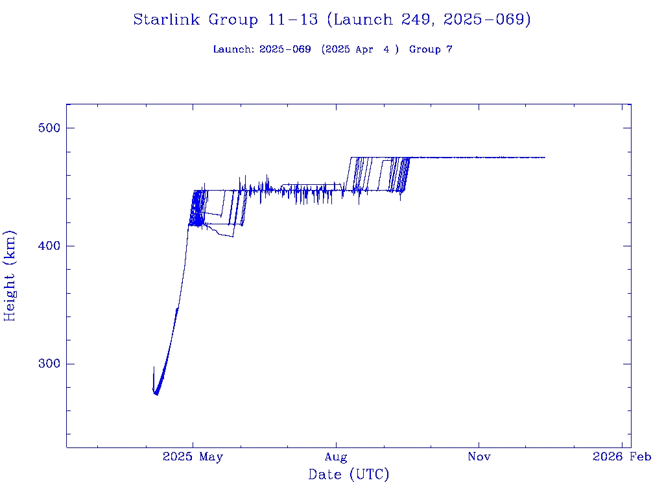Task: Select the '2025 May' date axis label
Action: tap(193, 457)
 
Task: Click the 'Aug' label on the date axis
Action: tap(336, 457)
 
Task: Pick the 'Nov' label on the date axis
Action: tap(479, 457)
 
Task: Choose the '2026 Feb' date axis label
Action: tap(622, 457)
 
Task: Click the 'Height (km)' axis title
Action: tap(10, 276)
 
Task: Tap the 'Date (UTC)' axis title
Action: tap(349, 475)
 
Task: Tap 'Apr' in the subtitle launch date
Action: tap(364, 49)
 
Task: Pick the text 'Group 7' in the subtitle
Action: tap(431, 49)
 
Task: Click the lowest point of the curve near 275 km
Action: tap(156, 394)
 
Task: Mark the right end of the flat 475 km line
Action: tap(545, 158)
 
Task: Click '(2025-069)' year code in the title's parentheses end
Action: tap(487, 19)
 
